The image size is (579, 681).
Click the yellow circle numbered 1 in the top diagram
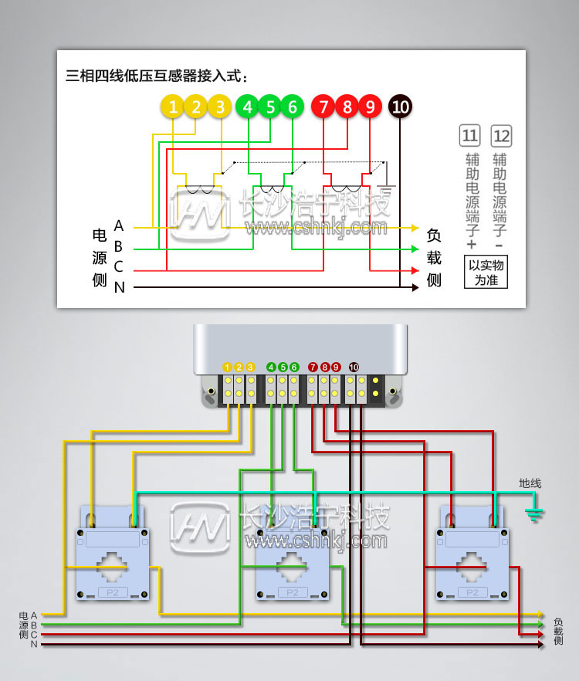pyautogui.click(x=174, y=107)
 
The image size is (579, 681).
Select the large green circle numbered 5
pyautogui.click(x=270, y=107)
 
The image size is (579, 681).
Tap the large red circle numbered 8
pyautogui.click(x=347, y=107)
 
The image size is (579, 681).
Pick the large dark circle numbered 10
pyautogui.click(x=400, y=107)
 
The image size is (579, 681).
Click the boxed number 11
pyautogui.click(x=469, y=137)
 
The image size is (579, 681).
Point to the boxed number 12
pyautogui.click(x=501, y=137)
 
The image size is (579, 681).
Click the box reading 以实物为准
pyautogui.click(x=486, y=273)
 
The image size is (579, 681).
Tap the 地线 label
pyautogui.click(x=530, y=483)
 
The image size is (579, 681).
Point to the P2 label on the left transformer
pyautogui.click(x=113, y=592)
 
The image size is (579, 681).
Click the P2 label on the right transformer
pyautogui.click(x=472, y=592)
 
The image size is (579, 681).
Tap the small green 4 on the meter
pyautogui.click(x=271, y=367)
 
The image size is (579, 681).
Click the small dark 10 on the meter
pyautogui.click(x=354, y=367)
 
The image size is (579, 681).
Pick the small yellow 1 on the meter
pyautogui.click(x=228, y=367)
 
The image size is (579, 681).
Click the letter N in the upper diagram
pyautogui.click(x=119, y=288)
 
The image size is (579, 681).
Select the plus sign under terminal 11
pyautogui.click(x=469, y=244)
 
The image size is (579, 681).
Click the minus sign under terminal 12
pyautogui.click(x=499, y=245)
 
